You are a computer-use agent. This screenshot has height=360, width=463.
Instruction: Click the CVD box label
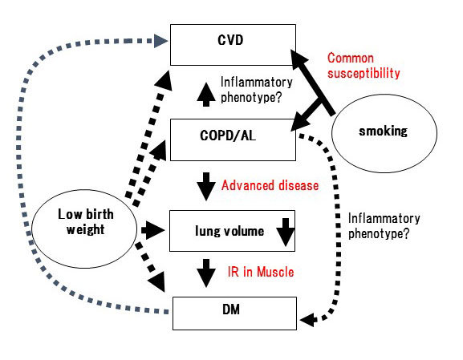(x=230, y=40)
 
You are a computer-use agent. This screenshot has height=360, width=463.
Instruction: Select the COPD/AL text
(x=228, y=136)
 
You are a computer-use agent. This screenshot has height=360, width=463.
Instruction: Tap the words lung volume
(x=229, y=231)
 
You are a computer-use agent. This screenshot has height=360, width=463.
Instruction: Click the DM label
(x=231, y=309)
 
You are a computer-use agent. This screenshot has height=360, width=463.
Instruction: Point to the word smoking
(x=383, y=131)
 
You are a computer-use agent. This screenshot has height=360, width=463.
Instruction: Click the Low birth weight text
(x=86, y=221)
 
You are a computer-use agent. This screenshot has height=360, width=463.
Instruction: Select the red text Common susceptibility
(x=363, y=66)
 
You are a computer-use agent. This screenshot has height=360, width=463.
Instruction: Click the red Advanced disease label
(x=270, y=185)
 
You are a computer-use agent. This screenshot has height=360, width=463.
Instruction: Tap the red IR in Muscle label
(x=261, y=272)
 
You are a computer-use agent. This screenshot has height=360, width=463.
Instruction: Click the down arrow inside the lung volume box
(x=285, y=233)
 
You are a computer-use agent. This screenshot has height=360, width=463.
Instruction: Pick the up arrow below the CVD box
(x=205, y=95)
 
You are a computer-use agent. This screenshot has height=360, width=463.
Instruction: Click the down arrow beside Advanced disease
(x=205, y=187)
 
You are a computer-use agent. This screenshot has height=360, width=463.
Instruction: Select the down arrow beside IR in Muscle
(x=205, y=273)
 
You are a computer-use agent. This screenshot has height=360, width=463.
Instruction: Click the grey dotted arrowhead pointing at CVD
(x=161, y=41)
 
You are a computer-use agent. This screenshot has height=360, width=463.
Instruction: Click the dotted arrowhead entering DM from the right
(x=307, y=320)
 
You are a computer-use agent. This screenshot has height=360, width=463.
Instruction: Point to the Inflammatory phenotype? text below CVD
(x=257, y=90)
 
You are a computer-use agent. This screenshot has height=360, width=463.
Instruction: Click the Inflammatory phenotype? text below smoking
(x=384, y=226)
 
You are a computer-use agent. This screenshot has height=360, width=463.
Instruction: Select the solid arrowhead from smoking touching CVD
(x=299, y=60)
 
